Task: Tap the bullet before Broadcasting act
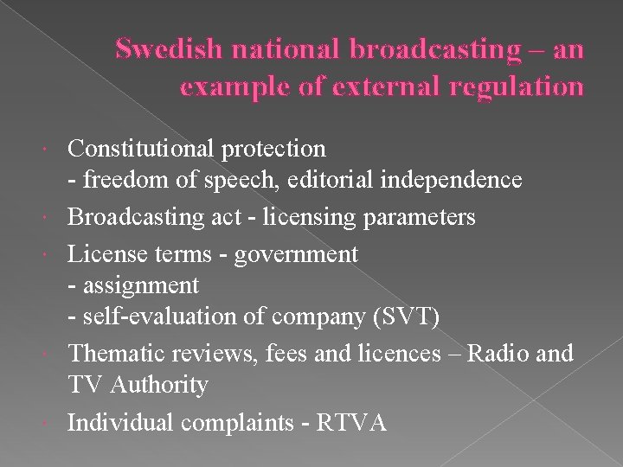click(x=55, y=216)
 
